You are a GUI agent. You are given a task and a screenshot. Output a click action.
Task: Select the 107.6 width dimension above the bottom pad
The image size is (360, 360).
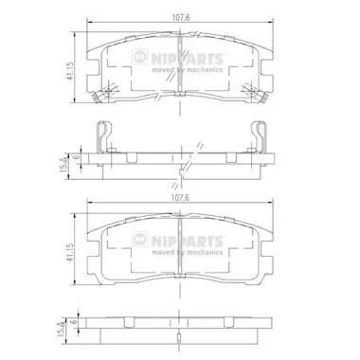coord(178,199)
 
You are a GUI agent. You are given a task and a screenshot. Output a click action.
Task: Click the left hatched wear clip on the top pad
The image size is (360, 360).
coord(101,96)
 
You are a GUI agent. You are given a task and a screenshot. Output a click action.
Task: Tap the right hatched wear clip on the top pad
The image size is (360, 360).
coord(255,96)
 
